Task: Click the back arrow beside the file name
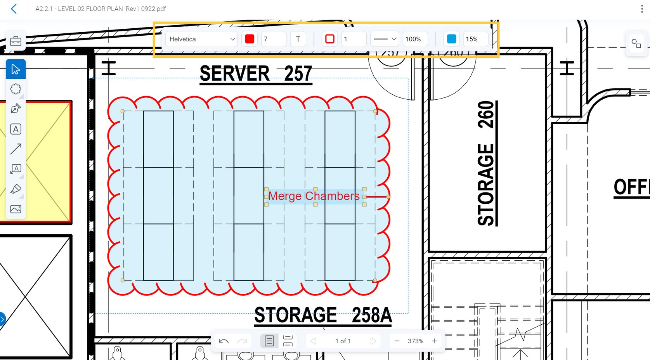point(14,9)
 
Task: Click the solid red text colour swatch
point(250,39)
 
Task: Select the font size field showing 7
point(273,39)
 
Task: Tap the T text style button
point(298,39)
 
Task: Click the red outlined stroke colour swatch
point(330,39)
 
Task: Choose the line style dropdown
point(384,39)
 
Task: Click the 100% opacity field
point(414,39)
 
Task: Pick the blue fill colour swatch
point(452,39)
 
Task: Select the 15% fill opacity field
point(475,39)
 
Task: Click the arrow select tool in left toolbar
point(16,69)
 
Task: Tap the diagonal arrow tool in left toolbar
point(16,149)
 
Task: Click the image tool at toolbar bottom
point(16,209)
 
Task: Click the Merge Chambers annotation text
point(314,196)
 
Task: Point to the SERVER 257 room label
point(256,73)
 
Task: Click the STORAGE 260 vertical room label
point(486,163)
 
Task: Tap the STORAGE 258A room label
point(323,315)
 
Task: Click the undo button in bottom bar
point(224,341)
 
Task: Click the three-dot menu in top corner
point(642,9)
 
